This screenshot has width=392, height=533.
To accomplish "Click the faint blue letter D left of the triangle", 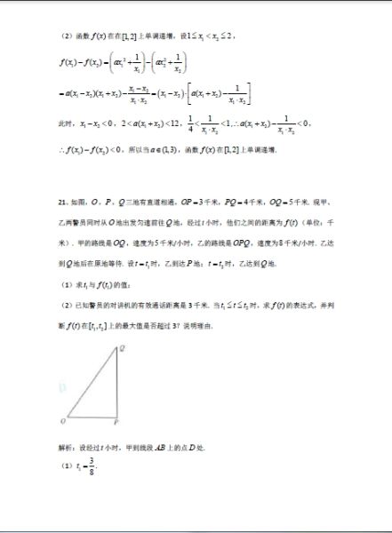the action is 62,387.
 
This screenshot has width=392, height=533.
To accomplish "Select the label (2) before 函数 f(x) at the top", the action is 65,36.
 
